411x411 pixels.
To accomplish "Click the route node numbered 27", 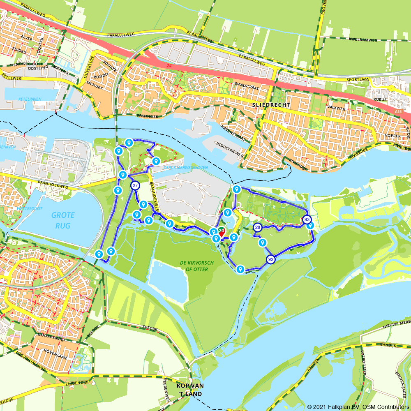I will coord(135,185).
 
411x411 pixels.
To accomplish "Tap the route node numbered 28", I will coord(258,227).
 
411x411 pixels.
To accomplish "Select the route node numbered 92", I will coord(270,259).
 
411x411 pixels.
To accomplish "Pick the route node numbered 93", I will coord(307,220).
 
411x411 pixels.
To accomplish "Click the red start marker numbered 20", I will coord(221,232).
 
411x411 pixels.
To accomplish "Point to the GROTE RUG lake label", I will coord(63,220).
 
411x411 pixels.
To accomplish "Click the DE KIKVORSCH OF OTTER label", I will coord(194,266).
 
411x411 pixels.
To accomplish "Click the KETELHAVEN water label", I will coord(30,99).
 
